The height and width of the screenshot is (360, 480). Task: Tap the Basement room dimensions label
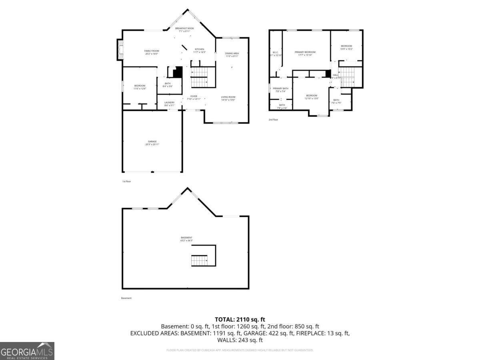click(186, 239)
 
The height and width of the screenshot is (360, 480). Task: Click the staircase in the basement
click(198, 260)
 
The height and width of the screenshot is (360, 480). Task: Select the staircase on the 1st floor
click(200, 77)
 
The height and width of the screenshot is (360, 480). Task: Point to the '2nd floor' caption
click(273, 120)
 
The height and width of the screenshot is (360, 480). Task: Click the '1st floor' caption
click(126, 182)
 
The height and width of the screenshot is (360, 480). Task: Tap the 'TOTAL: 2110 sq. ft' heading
click(240, 319)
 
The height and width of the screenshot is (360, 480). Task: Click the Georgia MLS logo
click(27, 351)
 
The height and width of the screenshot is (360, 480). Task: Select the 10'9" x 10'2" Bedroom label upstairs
click(346, 47)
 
